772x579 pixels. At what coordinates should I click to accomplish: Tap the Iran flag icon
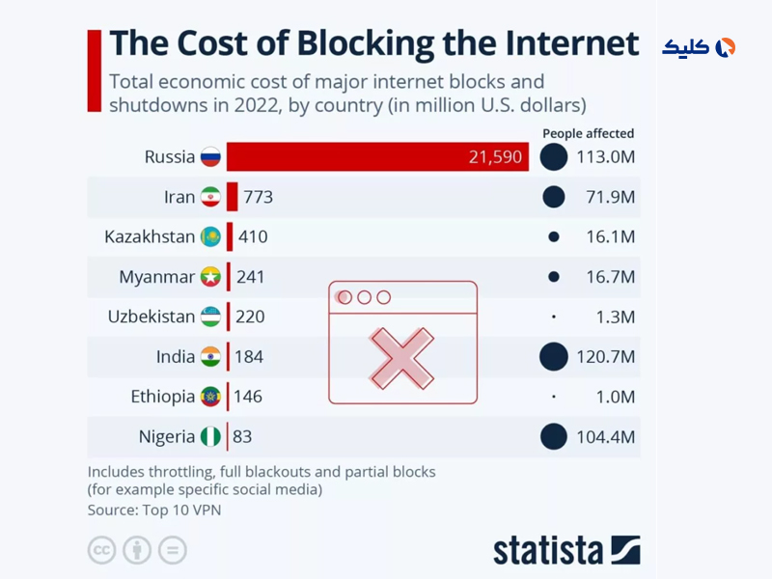click(x=210, y=197)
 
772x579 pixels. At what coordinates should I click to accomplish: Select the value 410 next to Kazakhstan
click(x=253, y=236)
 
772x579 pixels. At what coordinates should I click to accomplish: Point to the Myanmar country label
click(x=156, y=277)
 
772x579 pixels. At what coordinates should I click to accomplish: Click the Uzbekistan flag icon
click(x=210, y=317)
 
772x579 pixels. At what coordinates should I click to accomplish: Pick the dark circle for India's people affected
click(x=553, y=357)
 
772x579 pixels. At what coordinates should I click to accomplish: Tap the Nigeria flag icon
click(x=210, y=436)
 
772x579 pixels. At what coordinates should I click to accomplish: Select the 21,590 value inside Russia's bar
click(x=495, y=157)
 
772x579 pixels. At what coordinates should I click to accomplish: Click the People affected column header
click(x=588, y=134)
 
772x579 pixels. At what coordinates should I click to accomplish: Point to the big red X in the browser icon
click(x=402, y=356)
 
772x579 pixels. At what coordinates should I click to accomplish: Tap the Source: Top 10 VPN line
click(x=154, y=510)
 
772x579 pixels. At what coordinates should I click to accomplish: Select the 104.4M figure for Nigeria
click(x=605, y=437)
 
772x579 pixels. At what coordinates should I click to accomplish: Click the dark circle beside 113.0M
click(x=553, y=156)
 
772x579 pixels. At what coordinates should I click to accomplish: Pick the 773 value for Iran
click(x=258, y=197)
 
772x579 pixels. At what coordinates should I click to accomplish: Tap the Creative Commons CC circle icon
click(x=101, y=550)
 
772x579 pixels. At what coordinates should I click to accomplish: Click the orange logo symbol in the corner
click(x=726, y=47)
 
